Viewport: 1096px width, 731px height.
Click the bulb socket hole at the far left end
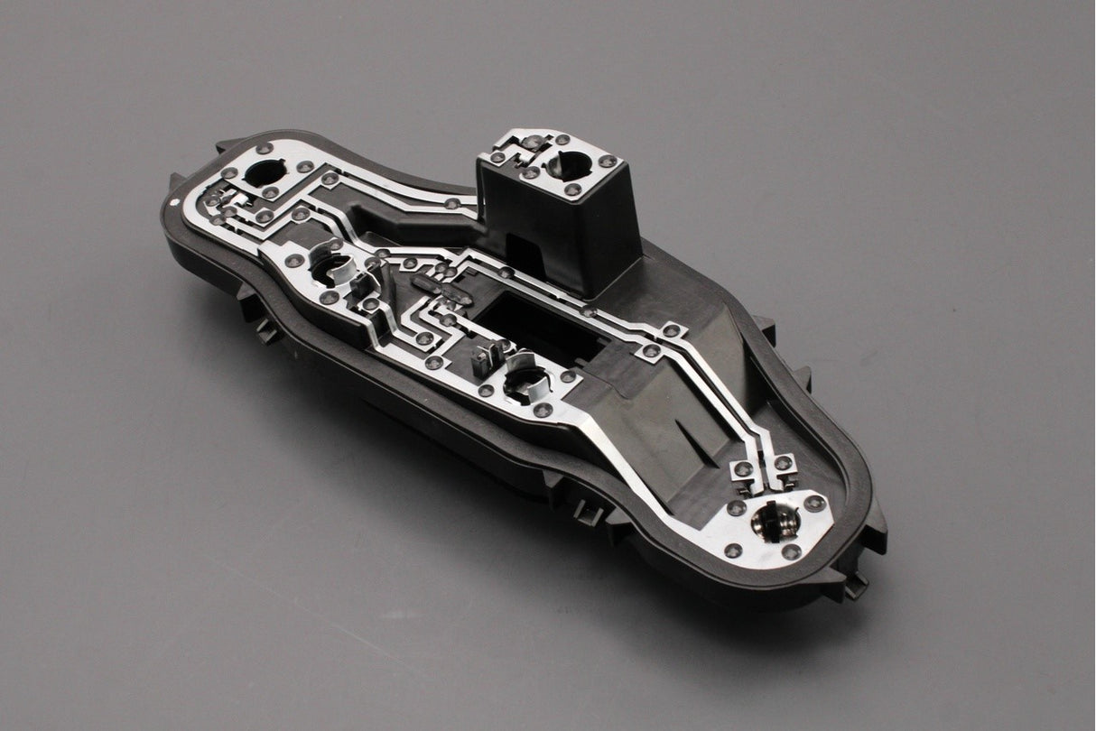tap(264, 171)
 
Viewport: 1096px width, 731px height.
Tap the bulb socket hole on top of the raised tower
tap(565, 163)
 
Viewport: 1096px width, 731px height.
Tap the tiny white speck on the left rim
tap(167, 201)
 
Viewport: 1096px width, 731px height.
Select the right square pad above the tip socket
tap(782, 464)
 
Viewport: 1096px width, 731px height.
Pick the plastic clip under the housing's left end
tap(266, 330)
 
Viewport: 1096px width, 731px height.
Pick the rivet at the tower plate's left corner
tap(494, 157)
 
